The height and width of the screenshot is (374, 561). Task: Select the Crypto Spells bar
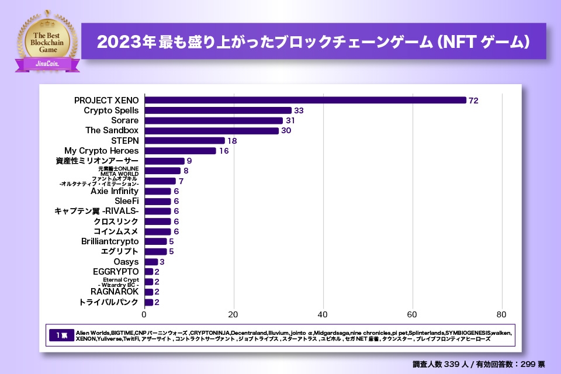point(218,110)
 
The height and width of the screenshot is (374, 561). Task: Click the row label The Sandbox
point(112,130)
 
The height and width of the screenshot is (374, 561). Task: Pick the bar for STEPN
point(185,140)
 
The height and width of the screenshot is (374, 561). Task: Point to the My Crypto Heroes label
point(101,151)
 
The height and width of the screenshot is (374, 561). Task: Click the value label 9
point(189,161)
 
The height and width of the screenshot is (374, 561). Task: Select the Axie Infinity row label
point(115,191)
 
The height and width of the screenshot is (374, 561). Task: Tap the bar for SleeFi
point(158,201)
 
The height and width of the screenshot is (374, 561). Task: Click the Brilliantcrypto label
point(110,241)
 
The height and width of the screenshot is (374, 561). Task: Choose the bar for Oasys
point(151,262)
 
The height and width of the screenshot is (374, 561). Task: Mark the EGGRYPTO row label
point(116,272)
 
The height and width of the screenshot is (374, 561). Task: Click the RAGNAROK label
point(115,292)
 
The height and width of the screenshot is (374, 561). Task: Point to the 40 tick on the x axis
point(324,312)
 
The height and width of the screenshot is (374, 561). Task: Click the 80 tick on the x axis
point(502,312)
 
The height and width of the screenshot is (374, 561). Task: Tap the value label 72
point(473,101)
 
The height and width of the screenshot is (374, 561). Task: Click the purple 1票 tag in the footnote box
point(62,335)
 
